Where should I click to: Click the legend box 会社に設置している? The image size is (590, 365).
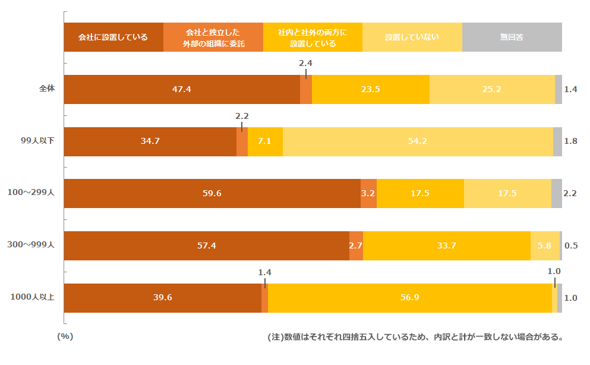(113, 37)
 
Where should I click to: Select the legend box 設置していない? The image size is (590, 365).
(412, 37)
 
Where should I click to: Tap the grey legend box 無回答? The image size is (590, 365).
(512, 37)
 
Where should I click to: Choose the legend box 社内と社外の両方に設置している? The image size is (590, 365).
(313, 37)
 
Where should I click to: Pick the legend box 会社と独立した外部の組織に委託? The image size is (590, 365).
(213, 37)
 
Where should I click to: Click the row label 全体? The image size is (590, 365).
(47, 89)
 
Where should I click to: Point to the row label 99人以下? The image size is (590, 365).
(37, 141)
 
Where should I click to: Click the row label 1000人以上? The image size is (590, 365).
(33, 298)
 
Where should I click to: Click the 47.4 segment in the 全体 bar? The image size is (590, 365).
(181, 90)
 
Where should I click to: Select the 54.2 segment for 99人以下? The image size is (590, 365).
(418, 141)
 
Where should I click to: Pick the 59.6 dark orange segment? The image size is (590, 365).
(212, 194)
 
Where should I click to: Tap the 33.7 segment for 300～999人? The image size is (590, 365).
(446, 246)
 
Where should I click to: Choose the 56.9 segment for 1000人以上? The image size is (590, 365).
(409, 298)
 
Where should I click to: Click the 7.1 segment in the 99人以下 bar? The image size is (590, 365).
(265, 141)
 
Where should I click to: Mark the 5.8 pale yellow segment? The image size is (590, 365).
(544, 246)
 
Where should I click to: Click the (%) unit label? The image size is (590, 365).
(65, 336)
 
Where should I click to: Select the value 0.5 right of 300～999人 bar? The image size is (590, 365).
(571, 246)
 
